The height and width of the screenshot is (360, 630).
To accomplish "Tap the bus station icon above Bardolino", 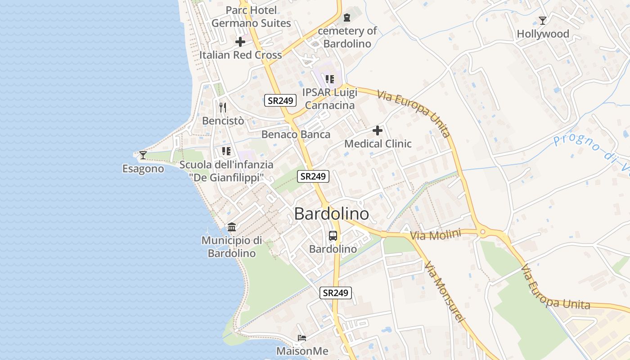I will pos(333,235).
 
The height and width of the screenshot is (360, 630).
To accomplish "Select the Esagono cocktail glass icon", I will pos(143,155).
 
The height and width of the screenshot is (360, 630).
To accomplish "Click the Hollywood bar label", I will pos(543,34).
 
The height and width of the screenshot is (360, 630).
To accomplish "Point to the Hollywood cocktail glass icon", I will pos(543,21).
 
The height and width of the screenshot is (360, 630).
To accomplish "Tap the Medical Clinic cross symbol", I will pos(378,131).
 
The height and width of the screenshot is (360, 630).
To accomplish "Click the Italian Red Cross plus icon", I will pos(240,42).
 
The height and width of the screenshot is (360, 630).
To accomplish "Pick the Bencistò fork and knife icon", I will pos(222,107).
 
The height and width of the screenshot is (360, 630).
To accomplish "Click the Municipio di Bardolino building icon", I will pos(232,227).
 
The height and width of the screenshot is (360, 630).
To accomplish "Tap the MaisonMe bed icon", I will pos(302,337).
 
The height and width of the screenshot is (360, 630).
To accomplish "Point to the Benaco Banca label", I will pos(296,134).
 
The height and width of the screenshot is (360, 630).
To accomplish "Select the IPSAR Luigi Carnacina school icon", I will pos(330,79).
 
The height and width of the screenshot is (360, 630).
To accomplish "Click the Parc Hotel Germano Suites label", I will pos(251,17).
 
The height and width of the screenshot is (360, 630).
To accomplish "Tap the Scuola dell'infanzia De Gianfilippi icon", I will pos(226,151).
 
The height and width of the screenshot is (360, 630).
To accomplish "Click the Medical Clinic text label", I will pos(378,144).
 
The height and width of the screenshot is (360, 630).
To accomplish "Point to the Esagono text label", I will pos(143,169).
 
